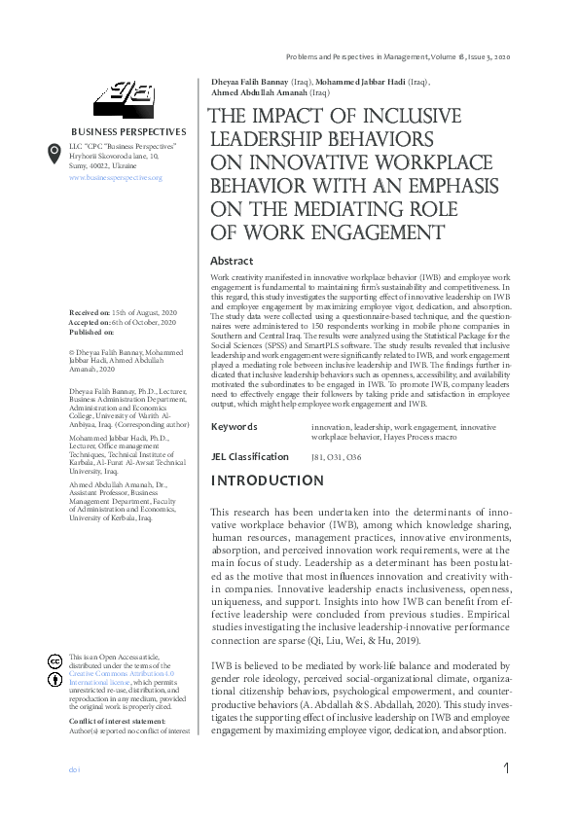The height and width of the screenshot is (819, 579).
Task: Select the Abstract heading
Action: tap(232, 261)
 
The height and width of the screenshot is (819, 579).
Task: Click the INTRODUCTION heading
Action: tap(268, 481)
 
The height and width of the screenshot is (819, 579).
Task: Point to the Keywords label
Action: tap(234, 427)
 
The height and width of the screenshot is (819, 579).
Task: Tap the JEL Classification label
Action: tap(250, 456)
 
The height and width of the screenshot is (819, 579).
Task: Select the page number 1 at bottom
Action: tap(507, 769)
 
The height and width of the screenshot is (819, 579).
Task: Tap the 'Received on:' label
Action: tap(90, 311)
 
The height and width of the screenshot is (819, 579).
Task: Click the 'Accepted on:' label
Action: tap(90, 322)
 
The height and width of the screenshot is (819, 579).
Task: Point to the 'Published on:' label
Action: tap(91, 332)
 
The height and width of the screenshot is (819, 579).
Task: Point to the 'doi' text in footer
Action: tap(72, 769)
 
